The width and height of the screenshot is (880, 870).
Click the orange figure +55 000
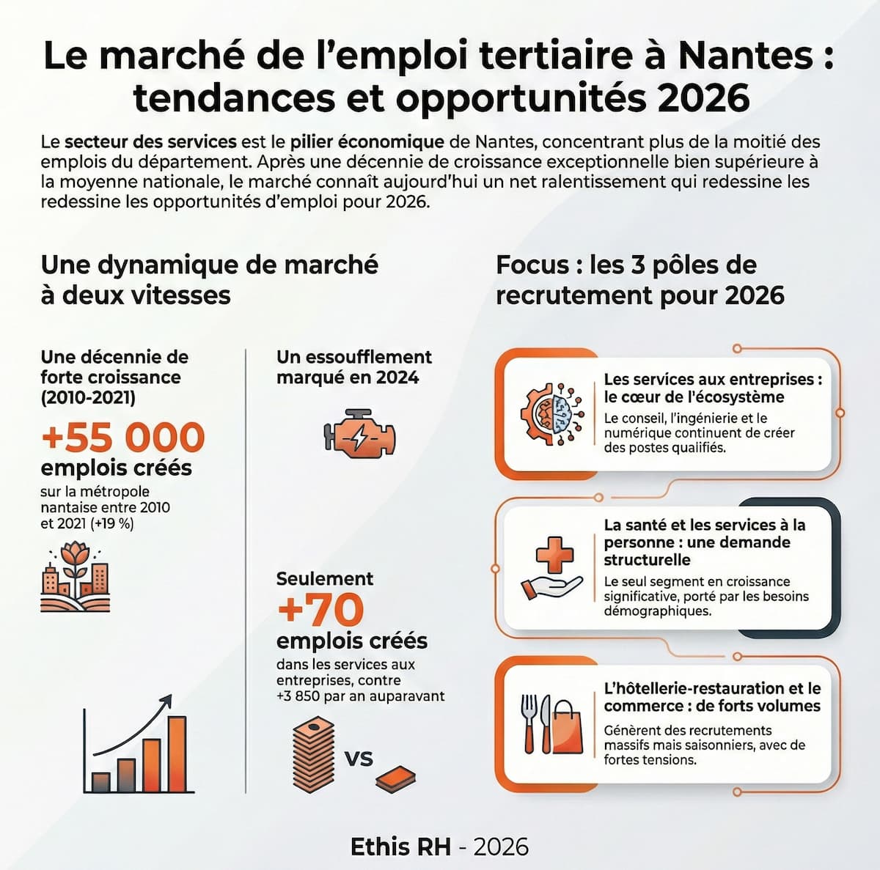pos(122,437)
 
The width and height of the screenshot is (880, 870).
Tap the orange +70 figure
pos(320,609)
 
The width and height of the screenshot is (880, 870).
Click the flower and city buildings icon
pos(75,578)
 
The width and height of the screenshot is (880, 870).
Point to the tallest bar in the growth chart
pos(177,753)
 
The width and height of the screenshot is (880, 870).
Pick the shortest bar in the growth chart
pos(100,781)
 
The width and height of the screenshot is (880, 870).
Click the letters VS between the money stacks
pos(359,759)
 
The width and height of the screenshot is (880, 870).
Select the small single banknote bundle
pos(396,778)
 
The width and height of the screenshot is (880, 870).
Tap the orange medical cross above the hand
pos(554,555)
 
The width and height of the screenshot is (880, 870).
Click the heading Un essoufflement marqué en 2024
pos(353,367)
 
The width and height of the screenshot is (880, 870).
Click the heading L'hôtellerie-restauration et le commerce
pos(711,697)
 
